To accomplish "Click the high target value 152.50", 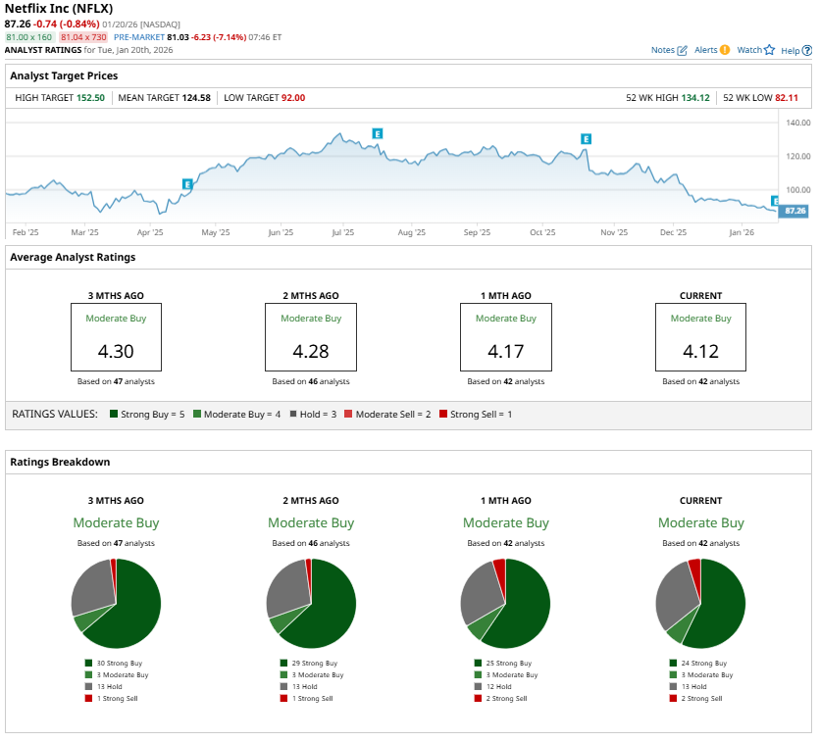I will point(90,98).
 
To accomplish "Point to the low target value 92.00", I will point(293,98).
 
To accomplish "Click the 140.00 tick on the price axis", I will point(797,123).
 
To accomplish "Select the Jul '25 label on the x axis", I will point(343,233).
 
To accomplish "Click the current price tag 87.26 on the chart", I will point(794,211).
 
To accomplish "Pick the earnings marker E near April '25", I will point(187,183).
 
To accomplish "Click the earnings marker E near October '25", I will point(586,139).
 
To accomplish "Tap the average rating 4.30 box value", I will point(116,350).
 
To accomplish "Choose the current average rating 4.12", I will point(700,350).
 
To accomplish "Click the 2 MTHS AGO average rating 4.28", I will point(310,350).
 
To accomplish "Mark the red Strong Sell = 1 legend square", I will point(442,415).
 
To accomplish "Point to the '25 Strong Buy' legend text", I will point(510,664).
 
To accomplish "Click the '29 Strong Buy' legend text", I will point(315,664).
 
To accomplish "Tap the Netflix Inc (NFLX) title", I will point(59,8).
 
